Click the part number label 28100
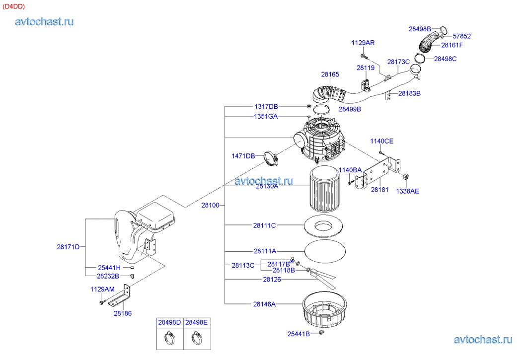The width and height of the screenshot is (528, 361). click(210, 205)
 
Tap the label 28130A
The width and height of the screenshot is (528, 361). click(267, 186)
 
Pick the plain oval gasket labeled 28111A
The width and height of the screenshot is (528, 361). click(325, 251)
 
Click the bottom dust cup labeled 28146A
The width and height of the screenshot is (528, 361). click(324, 310)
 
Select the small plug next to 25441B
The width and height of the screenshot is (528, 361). click(321, 333)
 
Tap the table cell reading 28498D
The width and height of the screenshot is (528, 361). click(170, 322)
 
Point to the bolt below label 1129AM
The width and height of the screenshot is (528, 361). click(102, 301)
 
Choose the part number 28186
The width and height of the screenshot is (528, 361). click(123, 313)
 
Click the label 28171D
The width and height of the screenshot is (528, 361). click(68, 247)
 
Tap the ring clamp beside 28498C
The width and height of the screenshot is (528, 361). click(420, 58)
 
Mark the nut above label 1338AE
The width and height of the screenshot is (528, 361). click(405, 176)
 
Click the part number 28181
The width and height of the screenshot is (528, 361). click(379, 190)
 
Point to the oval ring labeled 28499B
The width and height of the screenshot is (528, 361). click(321, 109)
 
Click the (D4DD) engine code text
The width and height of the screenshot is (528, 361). click(13, 6)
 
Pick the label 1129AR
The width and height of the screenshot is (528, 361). click(363, 43)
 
